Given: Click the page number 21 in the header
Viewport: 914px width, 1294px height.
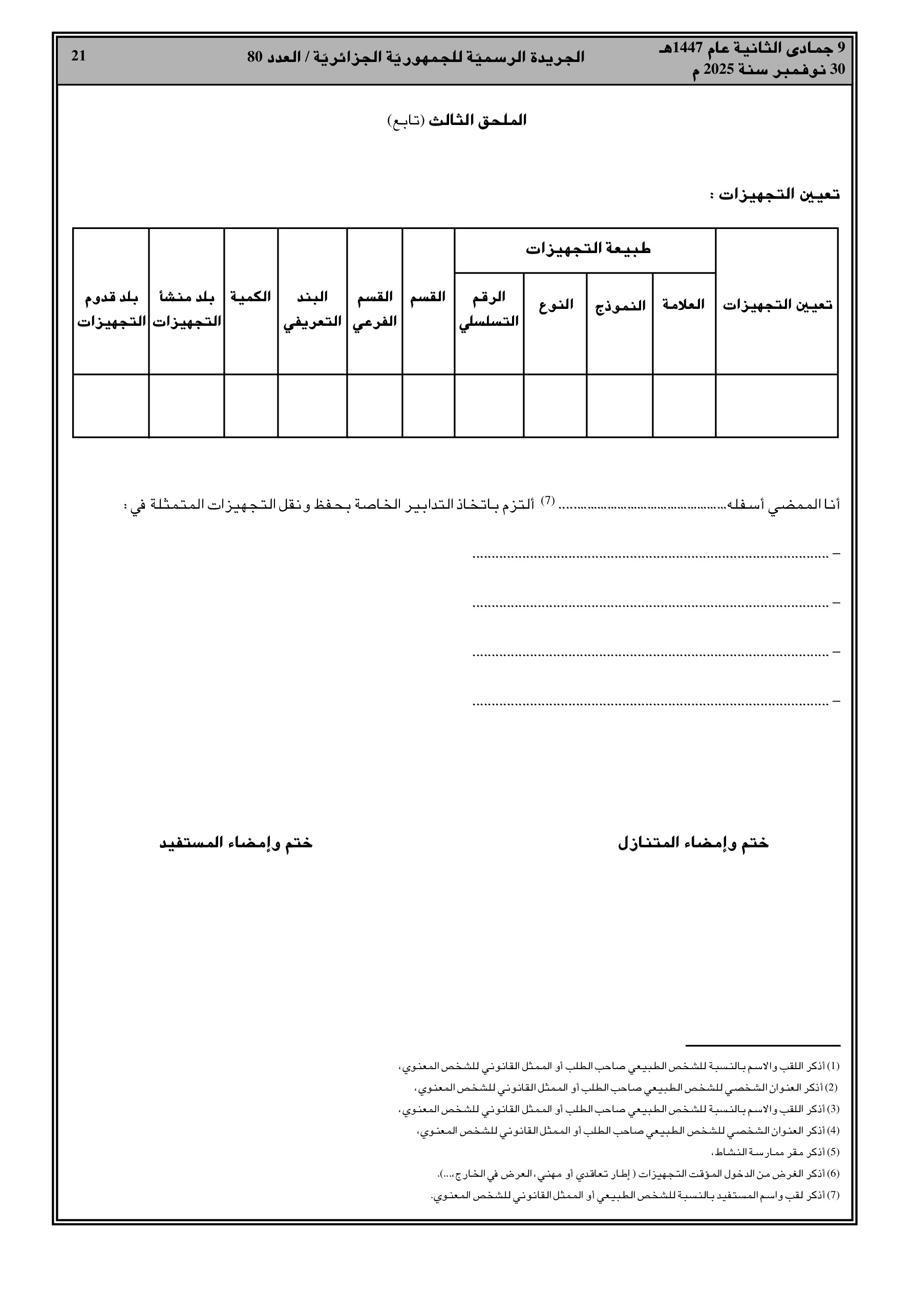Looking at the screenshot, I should pyautogui.click(x=78, y=56).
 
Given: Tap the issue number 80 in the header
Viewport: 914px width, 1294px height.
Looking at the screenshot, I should pyautogui.click(x=256, y=57).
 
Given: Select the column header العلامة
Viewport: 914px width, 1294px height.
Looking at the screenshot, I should pyautogui.click(x=685, y=305).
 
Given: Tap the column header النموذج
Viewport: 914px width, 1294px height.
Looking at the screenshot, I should pyautogui.click(x=620, y=306).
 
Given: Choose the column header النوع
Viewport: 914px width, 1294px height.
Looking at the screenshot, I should pyautogui.click(x=556, y=305).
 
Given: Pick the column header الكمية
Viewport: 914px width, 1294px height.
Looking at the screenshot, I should pyautogui.click(x=251, y=297).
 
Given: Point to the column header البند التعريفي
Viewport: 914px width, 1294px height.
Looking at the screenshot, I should pyautogui.click(x=313, y=309).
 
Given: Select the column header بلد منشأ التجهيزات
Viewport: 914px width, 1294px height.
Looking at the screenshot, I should pyautogui.click(x=186, y=309).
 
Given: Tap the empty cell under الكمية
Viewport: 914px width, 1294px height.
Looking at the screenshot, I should pyautogui.click(x=251, y=406).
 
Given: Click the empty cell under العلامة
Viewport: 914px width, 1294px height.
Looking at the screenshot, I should pyautogui.click(x=685, y=406).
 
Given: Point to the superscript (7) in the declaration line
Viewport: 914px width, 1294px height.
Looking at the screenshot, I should pyautogui.click(x=548, y=499).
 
